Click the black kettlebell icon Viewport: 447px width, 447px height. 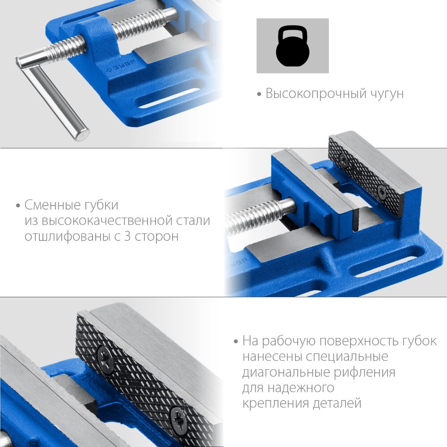pyautogui.click(x=292, y=46)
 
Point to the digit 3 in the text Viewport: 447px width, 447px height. pyautogui.click(x=127, y=236)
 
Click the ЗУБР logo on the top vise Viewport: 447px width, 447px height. pyautogui.click(x=119, y=67)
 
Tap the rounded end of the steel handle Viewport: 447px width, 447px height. pyautogui.click(x=83, y=134)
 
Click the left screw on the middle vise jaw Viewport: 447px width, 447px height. pyautogui.click(x=343, y=160)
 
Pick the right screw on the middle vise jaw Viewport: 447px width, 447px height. pyautogui.click(x=381, y=192)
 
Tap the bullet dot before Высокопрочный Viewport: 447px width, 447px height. pyautogui.click(x=259, y=94)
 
